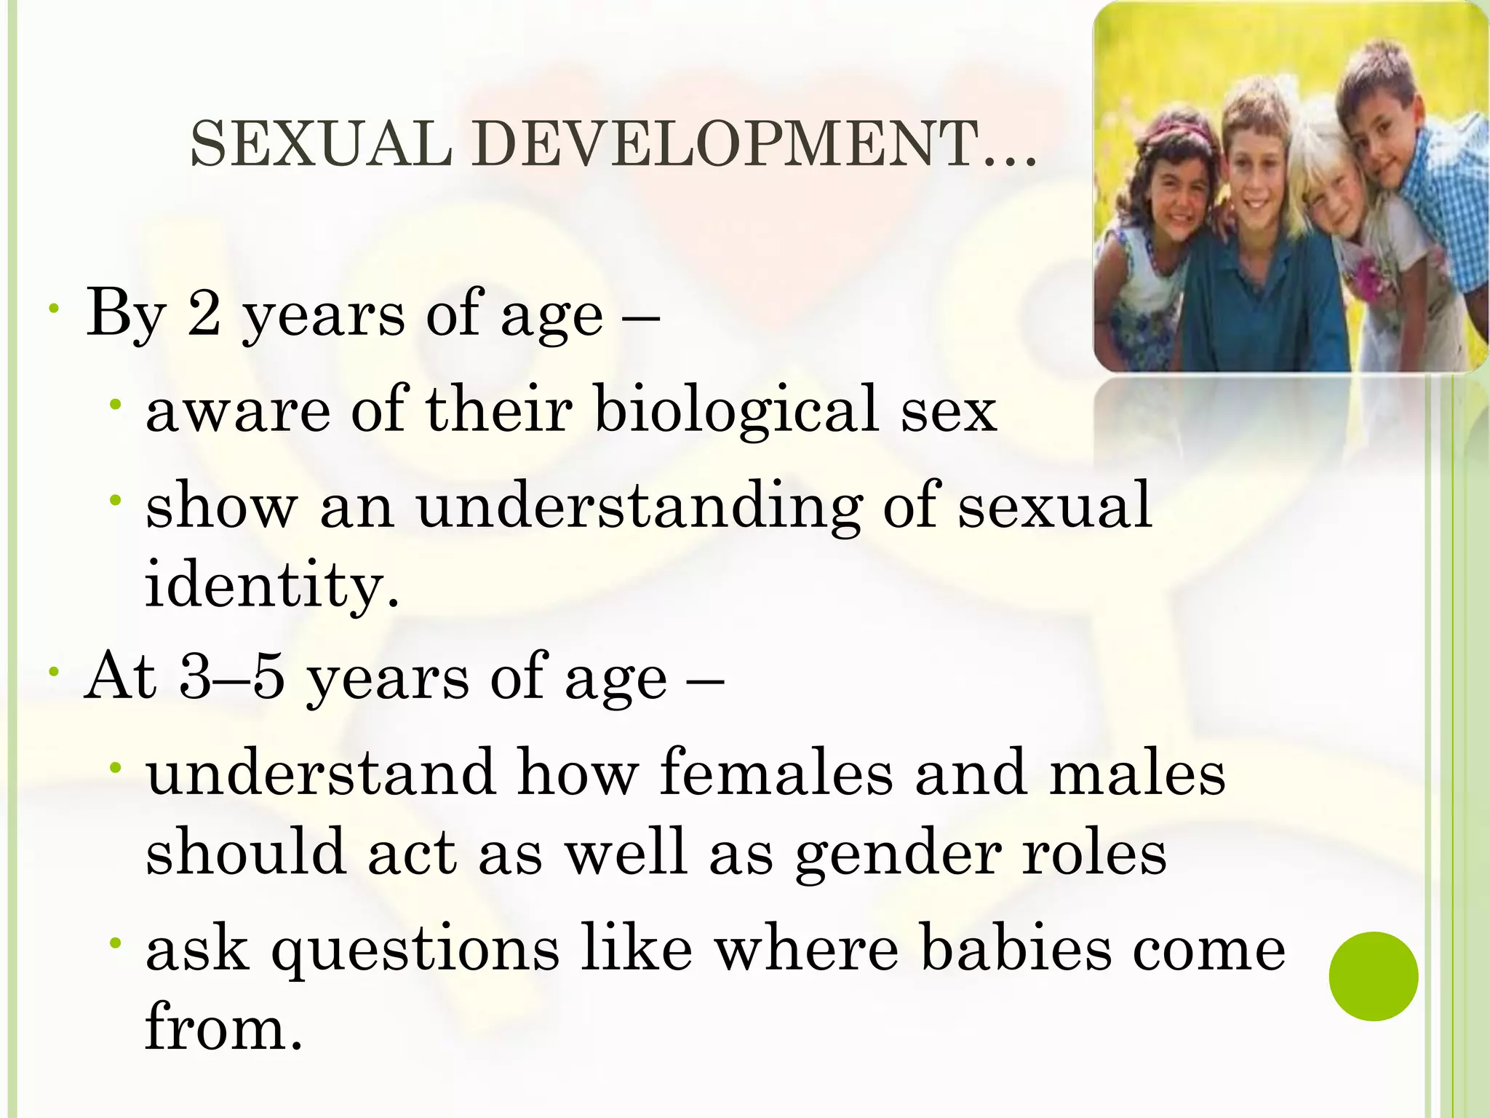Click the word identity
pos(272,584)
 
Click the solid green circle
pos(1373,976)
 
